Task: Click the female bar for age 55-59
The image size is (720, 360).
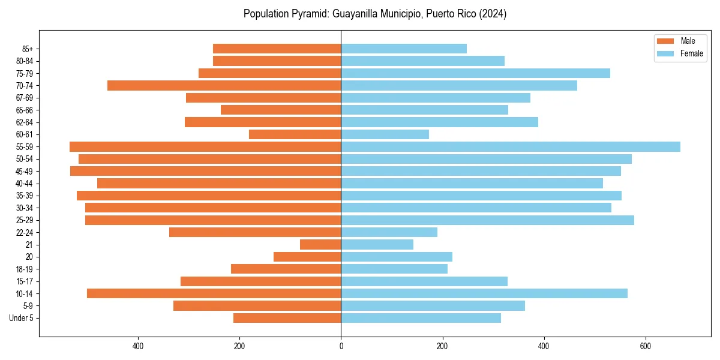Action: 510,147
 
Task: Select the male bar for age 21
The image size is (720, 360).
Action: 320,245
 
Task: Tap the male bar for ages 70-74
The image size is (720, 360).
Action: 224,86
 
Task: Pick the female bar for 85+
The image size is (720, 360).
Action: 404,49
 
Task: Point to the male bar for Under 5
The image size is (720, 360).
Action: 287,318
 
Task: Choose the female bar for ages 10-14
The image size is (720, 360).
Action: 484,293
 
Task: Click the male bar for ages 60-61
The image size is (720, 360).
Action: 295,134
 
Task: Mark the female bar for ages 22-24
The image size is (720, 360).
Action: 389,232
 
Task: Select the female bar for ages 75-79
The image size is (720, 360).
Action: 475,73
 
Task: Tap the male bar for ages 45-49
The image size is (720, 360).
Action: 205,171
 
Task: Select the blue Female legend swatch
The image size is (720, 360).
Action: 665,53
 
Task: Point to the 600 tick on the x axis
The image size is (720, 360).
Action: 645,346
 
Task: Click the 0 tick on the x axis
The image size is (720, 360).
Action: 341,346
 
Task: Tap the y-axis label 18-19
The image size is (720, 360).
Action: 25,269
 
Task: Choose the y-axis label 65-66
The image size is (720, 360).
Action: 25,110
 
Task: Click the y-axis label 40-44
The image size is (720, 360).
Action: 25,184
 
